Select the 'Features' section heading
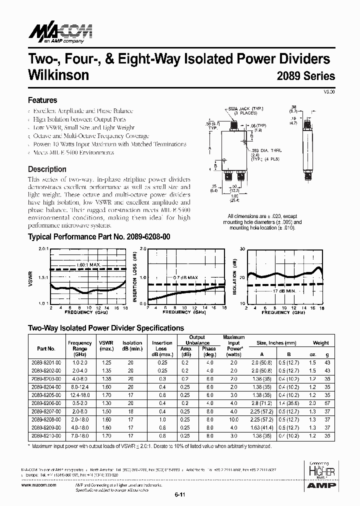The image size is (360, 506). pyautogui.click(x=42, y=100)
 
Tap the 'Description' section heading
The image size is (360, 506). pyautogui.click(x=47, y=169)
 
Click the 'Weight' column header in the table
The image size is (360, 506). pyautogui.click(x=320, y=343)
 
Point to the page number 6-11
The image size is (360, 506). pyautogui.click(x=180, y=495)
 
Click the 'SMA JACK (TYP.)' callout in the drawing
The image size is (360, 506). pyautogui.click(x=246, y=108)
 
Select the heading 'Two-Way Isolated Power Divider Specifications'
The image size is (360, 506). pyautogui.click(x=105, y=328)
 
